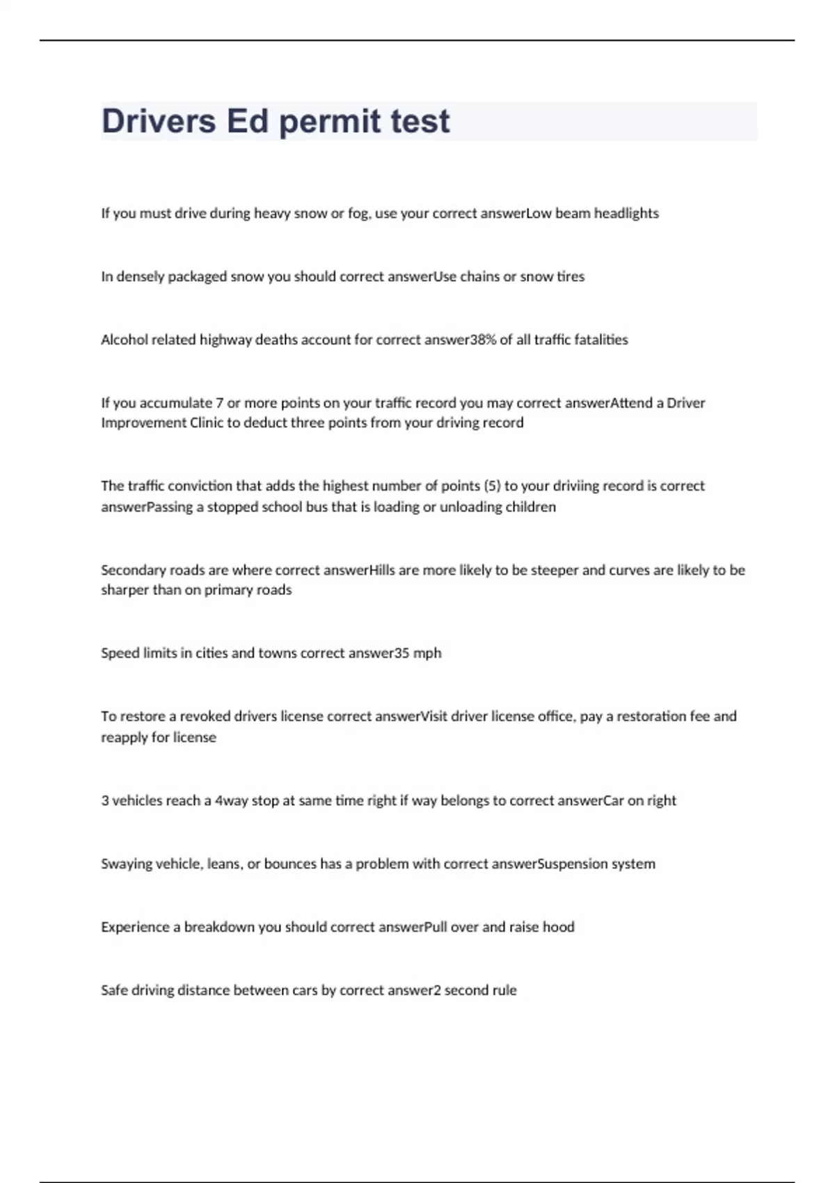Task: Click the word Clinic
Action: point(206,423)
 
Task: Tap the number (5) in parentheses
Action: point(492,486)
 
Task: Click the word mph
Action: point(427,653)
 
